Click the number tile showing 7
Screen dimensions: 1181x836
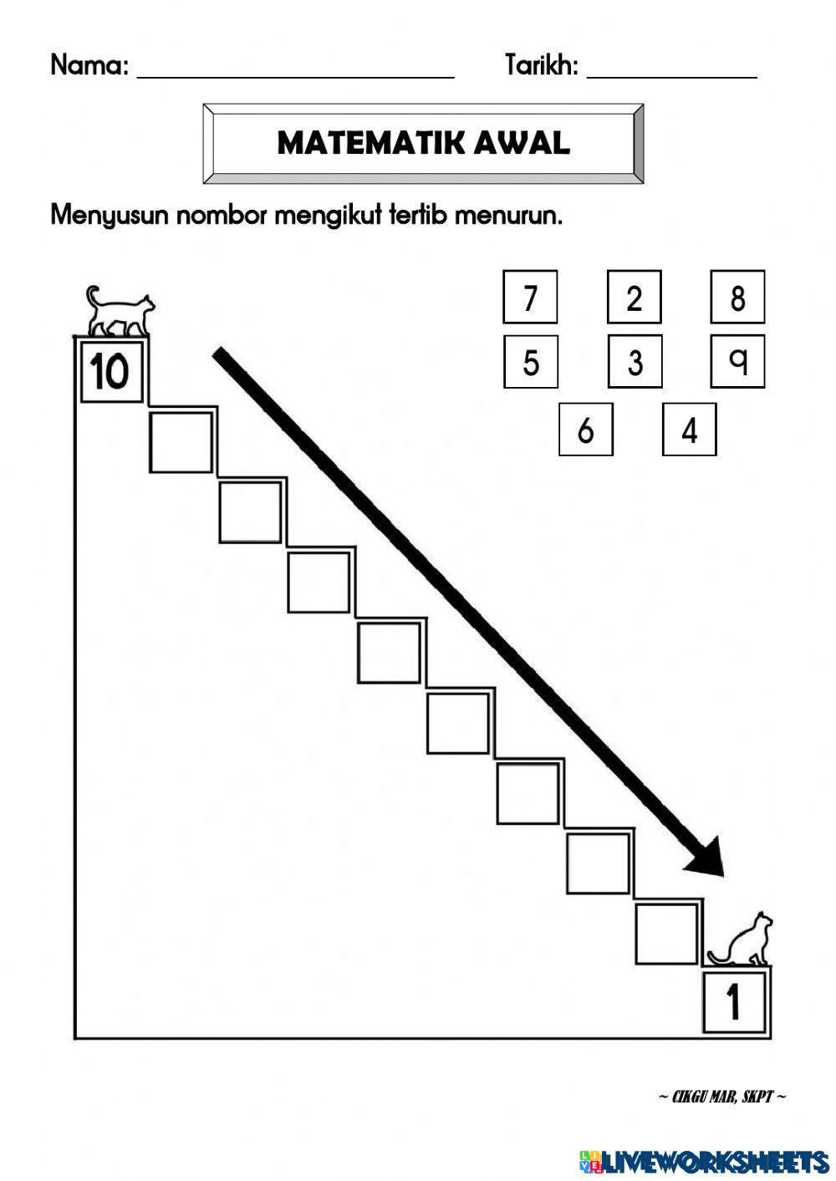tap(530, 297)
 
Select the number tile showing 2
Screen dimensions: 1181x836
tap(634, 297)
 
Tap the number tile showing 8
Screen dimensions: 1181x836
tap(737, 297)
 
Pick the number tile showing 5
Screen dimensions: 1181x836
tap(530, 362)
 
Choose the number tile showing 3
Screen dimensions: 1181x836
tap(635, 362)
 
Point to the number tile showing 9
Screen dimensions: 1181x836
tap(737, 360)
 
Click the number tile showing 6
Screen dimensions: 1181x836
tap(585, 430)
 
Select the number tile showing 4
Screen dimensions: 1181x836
tap(689, 430)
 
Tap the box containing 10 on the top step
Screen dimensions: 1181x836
tap(110, 371)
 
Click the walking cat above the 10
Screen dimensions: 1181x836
tap(120, 311)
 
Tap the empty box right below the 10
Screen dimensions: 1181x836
tap(181, 441)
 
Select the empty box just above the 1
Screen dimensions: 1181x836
tap(665, 934)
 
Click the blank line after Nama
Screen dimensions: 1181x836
tap(295, 69)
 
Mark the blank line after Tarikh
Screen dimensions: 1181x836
tap(672, 69)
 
